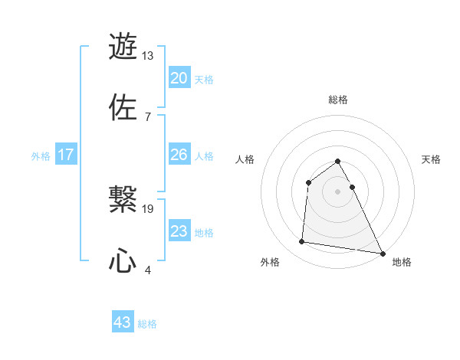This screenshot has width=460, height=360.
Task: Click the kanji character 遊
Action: (x=123, y=46)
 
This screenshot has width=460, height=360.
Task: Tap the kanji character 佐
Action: (x=123, y=106)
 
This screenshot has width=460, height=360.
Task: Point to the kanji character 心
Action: (x=123, y=260)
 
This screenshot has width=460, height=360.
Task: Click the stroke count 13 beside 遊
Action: (x=148, y=56)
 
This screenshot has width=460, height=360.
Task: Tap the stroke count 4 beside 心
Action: (x=147, y=269)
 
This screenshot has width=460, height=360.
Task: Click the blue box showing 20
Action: (x=179, y=78)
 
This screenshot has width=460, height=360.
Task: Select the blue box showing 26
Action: (x=179, y=155)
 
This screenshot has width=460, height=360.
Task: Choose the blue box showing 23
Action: (x=179, y=231)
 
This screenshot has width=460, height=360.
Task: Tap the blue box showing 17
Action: (x=66, y=155)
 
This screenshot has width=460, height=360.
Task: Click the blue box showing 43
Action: (x=123, y=322)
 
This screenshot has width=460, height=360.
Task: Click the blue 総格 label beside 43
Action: (x=147, y=324)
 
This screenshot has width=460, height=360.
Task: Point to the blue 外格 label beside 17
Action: (x=41, y=156)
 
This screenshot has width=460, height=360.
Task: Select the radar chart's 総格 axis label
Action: (x=338, y=100)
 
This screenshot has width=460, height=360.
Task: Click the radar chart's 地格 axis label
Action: (x=402, y=262)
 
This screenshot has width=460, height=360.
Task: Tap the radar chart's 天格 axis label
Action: (x=431, y=159)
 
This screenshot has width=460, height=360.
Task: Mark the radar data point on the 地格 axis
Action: (x=382, y=253)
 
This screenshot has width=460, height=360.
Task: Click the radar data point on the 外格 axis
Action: (x=302, y=242)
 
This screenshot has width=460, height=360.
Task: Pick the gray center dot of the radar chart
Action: (x=338, y=191)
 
